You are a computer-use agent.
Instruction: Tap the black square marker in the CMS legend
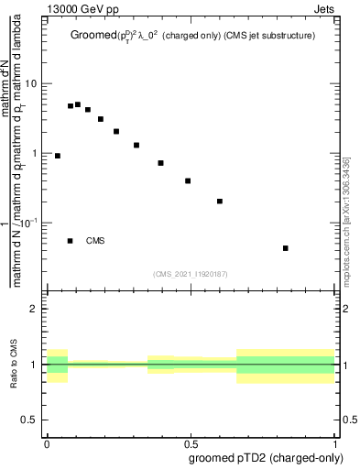[71, 241]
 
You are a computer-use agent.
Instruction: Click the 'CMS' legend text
[95, 241]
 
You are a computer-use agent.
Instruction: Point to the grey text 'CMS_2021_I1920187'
[190, 273]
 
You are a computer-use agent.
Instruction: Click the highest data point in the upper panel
[78, 104]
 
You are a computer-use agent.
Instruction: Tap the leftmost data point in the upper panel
[58, 156]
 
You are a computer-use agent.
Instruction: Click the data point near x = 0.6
[220, 201]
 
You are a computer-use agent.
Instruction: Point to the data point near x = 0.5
[188, 180]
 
